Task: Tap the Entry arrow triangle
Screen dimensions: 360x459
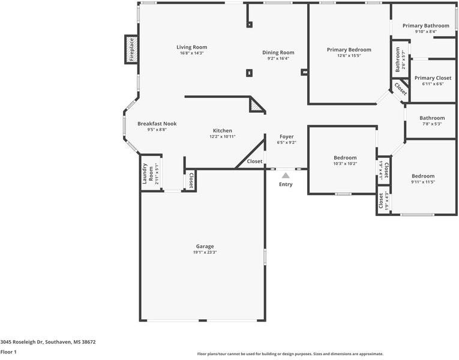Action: [x=286, y=175]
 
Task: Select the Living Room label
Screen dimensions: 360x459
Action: [x=191, y=47]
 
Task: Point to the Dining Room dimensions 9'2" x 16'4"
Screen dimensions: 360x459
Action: [x=278, y=59]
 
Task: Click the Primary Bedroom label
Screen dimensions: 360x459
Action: [x=349, y=50]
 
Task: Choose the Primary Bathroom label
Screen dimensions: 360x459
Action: [x=425, y=26]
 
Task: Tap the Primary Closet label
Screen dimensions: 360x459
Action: [x=432, y=78]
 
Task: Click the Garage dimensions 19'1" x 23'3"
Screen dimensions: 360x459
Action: [x=205, y=253]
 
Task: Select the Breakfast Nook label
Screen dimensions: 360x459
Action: [x=157, y=124]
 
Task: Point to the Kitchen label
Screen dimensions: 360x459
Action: [x=222, y=131]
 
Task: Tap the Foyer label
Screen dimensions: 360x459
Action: [x=286, y=137]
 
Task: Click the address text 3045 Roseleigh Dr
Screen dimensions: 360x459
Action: [x=48, y=342]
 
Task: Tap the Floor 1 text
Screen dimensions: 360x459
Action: [x=8, y=352]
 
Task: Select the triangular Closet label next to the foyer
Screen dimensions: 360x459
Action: [x=254, y=161]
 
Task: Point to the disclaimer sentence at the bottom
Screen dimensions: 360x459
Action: [x=290, y=354]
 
